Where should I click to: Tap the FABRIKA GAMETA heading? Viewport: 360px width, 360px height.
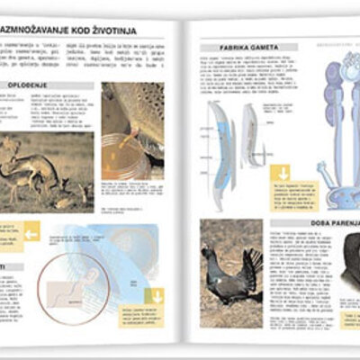click(x=236, y=47)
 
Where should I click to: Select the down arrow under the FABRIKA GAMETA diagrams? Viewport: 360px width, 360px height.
click(x=284, y=174)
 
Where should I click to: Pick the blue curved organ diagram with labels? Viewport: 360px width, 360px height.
click(x=216, y=144)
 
